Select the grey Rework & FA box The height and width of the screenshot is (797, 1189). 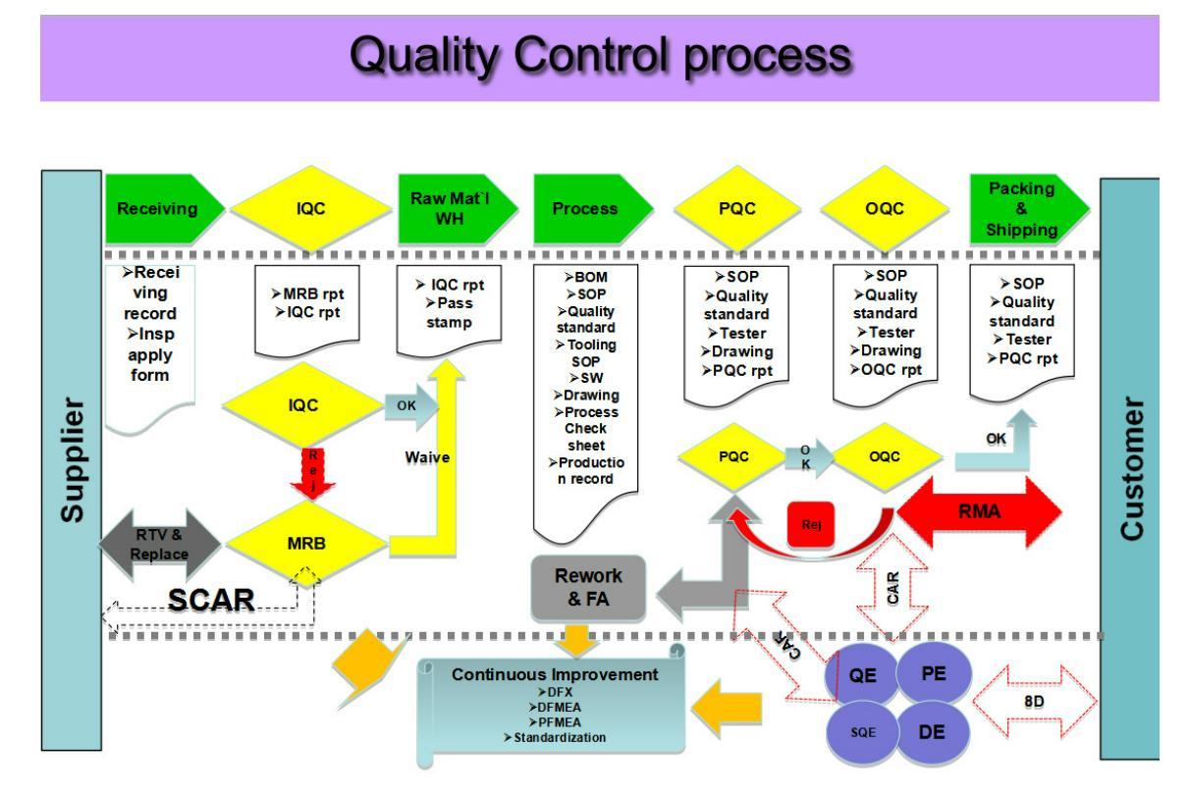click(589, 586)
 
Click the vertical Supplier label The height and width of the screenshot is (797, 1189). click(70, 461)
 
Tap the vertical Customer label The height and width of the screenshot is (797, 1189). click(1131, 471)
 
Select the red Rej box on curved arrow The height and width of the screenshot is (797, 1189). click(812, 522)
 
